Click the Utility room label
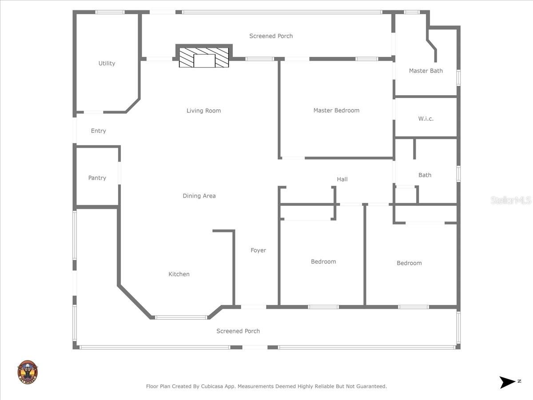pos(107,64)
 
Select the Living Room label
pos(203,111)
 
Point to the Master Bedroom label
pos(336,110)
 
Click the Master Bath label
pos(426,71)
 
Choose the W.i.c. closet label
pos(426,119)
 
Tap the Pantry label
pos(97,178)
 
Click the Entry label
pos(98,131)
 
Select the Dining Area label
pos(199,196)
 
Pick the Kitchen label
pos(179,274)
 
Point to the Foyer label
pos(258,250)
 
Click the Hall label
pos(342,179)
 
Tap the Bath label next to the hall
pos(425,175)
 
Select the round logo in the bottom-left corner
pos(27,372)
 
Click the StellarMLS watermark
pos(511,200)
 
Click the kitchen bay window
pos(181,317)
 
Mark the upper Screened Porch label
pos(271,36)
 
